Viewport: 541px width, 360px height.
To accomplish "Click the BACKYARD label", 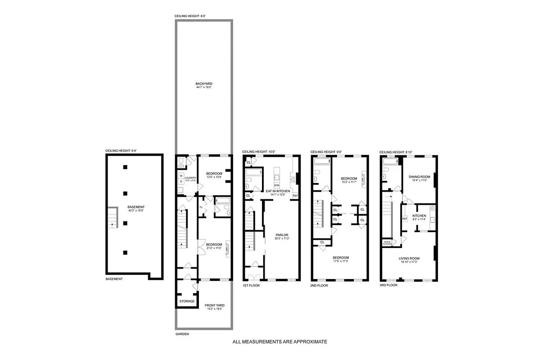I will tap(204, 84).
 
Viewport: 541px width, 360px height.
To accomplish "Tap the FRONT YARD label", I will tap(215, 306).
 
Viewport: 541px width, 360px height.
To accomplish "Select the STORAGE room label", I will tap(187, 301).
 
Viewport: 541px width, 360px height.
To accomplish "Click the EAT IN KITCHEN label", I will tap(277, 191).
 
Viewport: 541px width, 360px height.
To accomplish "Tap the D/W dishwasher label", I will tap(277, 185).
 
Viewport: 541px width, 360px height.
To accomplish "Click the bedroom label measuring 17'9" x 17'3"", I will tap(342, 259).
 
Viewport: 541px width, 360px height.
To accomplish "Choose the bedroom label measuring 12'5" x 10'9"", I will tap(214, 174).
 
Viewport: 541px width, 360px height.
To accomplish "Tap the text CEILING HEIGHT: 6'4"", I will tap(120, 151).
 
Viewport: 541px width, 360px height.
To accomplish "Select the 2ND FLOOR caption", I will tap(320, 285).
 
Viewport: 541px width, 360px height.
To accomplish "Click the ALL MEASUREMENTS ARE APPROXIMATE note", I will tap(280, 342).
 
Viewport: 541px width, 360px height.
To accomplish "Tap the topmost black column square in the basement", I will tap(126, 167).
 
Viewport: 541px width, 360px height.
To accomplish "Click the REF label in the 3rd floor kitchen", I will tap(404, 219).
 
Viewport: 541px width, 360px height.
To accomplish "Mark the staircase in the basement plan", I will tap(112, 219).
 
